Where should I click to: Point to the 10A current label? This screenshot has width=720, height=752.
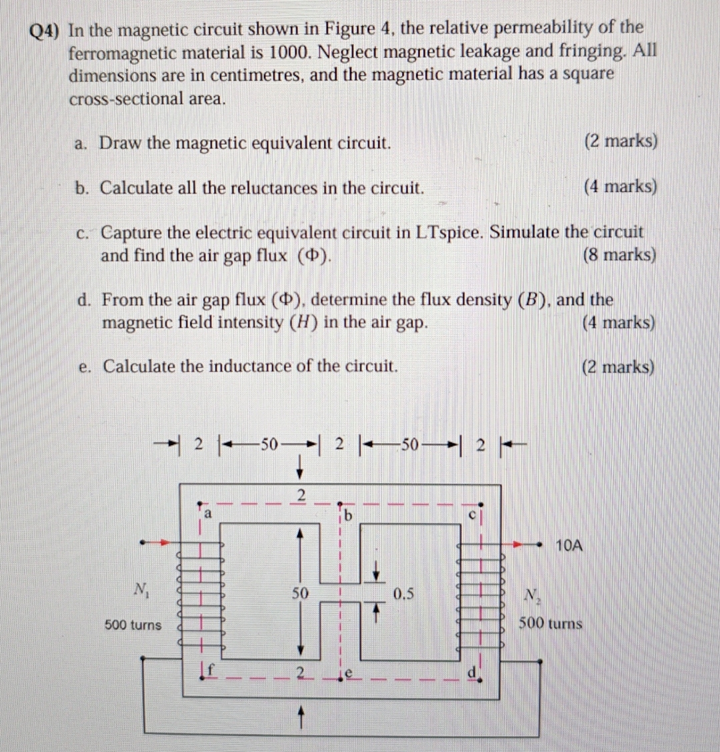[x=569, y=546]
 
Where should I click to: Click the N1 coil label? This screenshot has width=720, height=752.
[x=141, y=589]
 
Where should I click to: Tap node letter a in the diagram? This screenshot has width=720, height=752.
[x=207, y=514]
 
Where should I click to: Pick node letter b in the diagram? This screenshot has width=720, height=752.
[x=349, y=516]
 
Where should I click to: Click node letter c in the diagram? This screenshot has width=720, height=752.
[x=472, y=514]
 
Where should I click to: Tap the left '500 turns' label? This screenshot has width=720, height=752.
[x=133, y=625]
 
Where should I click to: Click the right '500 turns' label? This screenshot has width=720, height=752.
[x=551, y=624]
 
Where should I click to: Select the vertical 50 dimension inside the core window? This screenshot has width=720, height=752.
[x=301, y=592]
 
